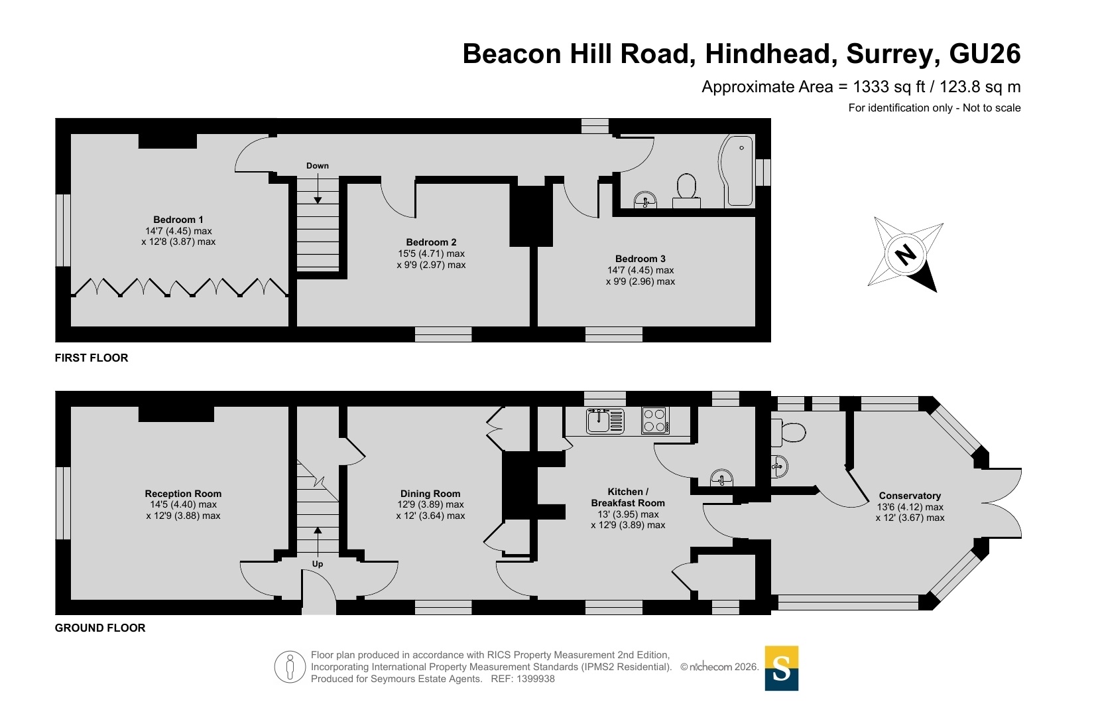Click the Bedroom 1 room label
[x=178, y=220]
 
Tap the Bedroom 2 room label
[x=431, y=242]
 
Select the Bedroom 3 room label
[x=640, y=259]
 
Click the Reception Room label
[x=183, y=494]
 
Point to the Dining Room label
[x=430, y=494]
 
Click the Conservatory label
[x=910, y=496]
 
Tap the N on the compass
[x=905, y=255]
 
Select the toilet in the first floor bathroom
[x=686, y=192]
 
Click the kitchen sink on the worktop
[x=605, y=421]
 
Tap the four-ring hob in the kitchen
[x=655, y=421]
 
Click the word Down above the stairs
[x=318, y=166]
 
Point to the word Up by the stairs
[x=318, y=564]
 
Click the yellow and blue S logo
[x=782, y=668]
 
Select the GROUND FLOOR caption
[x=100, y=628]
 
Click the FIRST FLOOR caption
[x=91, y=358]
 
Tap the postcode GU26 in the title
[x=985, y=54]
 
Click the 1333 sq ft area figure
[x=889, y=87]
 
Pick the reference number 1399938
[x=536, y=679]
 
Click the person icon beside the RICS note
[x=290, y=667]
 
